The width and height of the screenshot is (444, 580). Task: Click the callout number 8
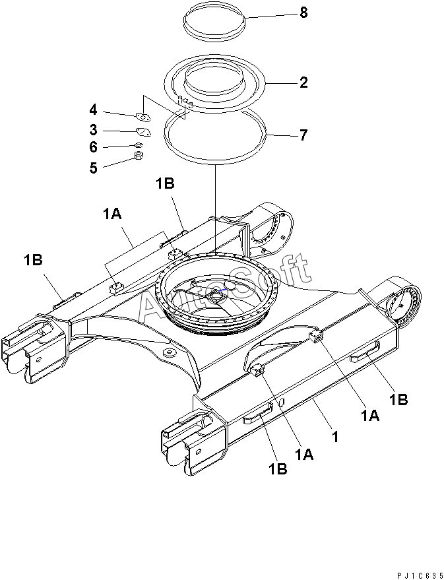click(303, 13)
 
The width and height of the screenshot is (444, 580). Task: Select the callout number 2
click(303, 82)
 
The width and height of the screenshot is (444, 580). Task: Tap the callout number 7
click(303, 135)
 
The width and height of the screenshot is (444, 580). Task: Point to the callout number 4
click(93, 110)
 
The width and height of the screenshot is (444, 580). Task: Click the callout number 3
click(93, 130)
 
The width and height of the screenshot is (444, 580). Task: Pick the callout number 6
click(93, 147)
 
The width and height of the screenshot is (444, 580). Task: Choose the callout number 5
click(93, 168)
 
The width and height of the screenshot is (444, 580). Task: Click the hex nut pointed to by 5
click(139, 156)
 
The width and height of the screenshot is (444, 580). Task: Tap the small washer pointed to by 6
click(139, 145)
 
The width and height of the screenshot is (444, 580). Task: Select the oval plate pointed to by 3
click(143, 132)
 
